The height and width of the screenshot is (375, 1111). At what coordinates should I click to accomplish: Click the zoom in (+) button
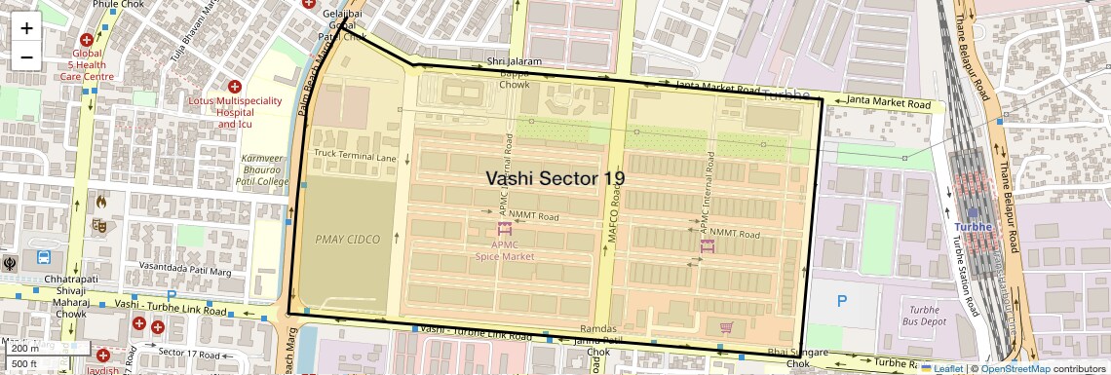[x=26, y=28]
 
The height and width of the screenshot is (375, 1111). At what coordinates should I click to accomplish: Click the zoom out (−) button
[x=26, y=56]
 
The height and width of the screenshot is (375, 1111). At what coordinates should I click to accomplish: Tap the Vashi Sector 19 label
[x=555, y=178]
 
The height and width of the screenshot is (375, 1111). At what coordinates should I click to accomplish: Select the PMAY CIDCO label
[x=348, y=239]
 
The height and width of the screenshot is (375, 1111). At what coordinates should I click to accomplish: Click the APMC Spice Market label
[x=504, y=250]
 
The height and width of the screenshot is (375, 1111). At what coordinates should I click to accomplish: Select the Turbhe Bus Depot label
[x=918, y=315]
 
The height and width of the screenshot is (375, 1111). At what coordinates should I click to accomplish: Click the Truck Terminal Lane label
[x=355, y=156]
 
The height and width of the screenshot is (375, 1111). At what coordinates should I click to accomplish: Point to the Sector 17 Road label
[x=185, y=352]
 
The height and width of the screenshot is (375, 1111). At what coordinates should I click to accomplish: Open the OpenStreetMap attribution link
[x=1015, y=368]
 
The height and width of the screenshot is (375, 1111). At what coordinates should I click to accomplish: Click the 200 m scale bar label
[x=25, y=348]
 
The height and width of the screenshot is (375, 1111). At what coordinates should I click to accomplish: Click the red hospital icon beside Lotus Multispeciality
[x=235, y=87]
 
